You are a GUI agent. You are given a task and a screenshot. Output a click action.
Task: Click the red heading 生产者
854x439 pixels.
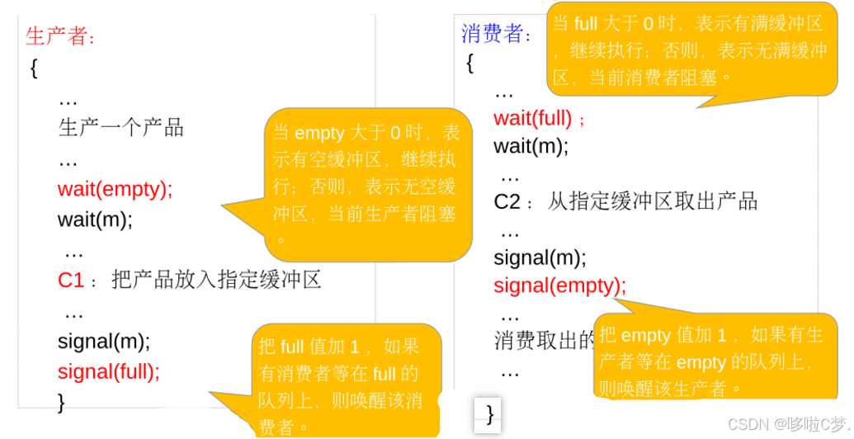(x=60, y=36)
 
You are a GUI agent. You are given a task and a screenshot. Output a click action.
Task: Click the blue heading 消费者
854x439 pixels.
(x=496, y=34)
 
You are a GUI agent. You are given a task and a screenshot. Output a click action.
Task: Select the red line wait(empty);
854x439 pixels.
(x=115, y=189)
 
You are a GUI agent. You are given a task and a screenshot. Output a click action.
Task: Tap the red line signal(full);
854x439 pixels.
(x=108, y=371)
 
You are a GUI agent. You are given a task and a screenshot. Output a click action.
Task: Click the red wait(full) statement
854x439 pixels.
(x=533, y=118)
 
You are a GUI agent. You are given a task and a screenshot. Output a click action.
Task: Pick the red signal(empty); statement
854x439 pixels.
(x=559, y=286)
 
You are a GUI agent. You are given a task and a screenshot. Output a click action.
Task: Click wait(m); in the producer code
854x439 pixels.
(x=94, y=219)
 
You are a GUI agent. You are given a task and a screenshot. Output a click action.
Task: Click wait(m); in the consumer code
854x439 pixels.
(x=531, y=147)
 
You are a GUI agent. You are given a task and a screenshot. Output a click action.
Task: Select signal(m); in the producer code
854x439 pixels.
(x=103, y=341)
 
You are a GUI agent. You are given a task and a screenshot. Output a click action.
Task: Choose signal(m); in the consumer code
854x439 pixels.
(x=540, y=258)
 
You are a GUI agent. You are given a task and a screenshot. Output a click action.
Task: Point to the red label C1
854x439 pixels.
(x=71, y=281)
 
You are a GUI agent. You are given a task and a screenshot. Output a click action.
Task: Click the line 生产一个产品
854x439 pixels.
(x=120, y=128)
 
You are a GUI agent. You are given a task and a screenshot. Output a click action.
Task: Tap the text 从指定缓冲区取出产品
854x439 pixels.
(x=652, y=202)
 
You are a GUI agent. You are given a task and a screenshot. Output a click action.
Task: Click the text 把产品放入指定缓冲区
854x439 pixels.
(x=215, y=281)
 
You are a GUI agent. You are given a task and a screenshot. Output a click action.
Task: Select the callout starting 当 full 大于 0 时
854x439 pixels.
(x=690, y=50)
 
